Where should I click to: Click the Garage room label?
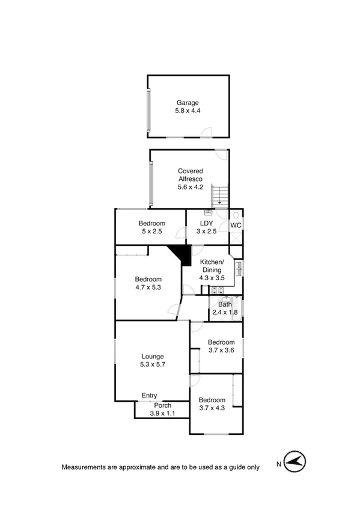[188, 103]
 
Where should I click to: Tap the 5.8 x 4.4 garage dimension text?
[188, 111]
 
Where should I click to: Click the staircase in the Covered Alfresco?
[220, 194]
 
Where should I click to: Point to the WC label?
[236, 226]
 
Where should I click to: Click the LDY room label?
[206, 223]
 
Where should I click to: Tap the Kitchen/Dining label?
[212, 266]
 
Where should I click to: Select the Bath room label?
[225, 304]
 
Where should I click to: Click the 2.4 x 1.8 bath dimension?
[225, 312]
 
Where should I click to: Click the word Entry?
[149, 395]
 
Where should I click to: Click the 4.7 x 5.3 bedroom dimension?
[148, 287]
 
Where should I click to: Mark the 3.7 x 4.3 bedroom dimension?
[212, 408]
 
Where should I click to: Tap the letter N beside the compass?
[278, 464]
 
